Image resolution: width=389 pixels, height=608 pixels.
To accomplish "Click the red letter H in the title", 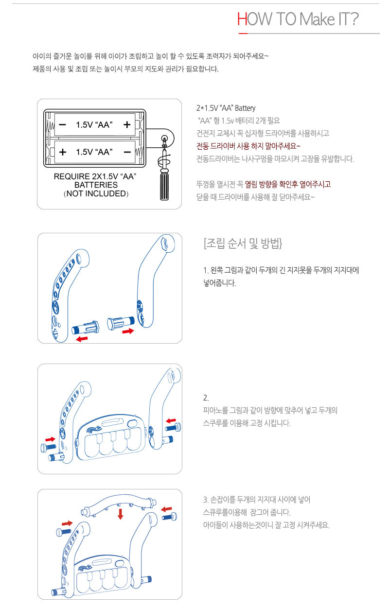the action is click(x=242, y=19).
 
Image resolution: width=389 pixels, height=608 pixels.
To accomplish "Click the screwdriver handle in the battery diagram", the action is click(x=164, y=186).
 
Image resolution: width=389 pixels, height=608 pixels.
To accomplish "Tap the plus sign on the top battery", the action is click(x=127, y=124).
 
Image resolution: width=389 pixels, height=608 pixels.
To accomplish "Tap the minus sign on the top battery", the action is click(x=62, y=124).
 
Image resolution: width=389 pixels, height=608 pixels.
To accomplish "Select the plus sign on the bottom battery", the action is click(x=62, y=152).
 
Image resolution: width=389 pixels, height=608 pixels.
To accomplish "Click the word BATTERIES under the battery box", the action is click(x=96, y=185).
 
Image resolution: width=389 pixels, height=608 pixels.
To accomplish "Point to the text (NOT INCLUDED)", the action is click(x=96, y=193).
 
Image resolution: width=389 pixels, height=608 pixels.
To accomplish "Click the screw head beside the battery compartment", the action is click(x=164, y=139).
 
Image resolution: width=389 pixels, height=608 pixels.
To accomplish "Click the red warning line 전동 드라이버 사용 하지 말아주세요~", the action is click(x=248, y=146).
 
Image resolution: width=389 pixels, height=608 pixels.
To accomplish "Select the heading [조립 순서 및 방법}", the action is click(x=243, y=243).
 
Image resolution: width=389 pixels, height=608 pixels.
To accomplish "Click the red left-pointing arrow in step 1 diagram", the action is click(x=82, y=338).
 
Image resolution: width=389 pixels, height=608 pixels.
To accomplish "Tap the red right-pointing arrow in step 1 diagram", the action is click(x=128, y=331).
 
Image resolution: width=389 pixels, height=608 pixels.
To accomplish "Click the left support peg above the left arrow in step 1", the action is click(x=85, y=328).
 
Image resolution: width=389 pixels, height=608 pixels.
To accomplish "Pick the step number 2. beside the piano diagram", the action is click(x=206, y=398).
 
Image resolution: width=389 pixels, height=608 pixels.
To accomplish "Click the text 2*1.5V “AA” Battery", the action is click(x=226, y=108).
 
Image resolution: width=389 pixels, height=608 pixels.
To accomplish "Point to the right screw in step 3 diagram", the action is click(x=170, y=516).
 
